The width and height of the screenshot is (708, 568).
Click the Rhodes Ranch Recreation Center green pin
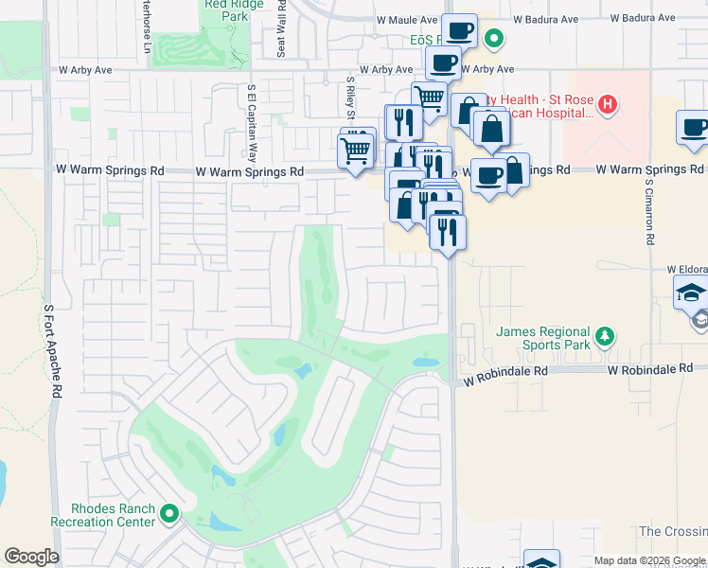click(x=169, y=514)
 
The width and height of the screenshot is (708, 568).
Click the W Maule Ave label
click(x=407, y=19)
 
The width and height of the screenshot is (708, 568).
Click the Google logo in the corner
click(x=31, y=557)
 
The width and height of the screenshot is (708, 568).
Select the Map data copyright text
click(x=649, y=560)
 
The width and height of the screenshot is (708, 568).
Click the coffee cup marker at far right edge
click(x=693, y=128)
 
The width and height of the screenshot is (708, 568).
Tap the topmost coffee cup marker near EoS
click(x=460, y=30)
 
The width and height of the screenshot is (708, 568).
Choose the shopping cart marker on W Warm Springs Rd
click(x=356, y=150)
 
